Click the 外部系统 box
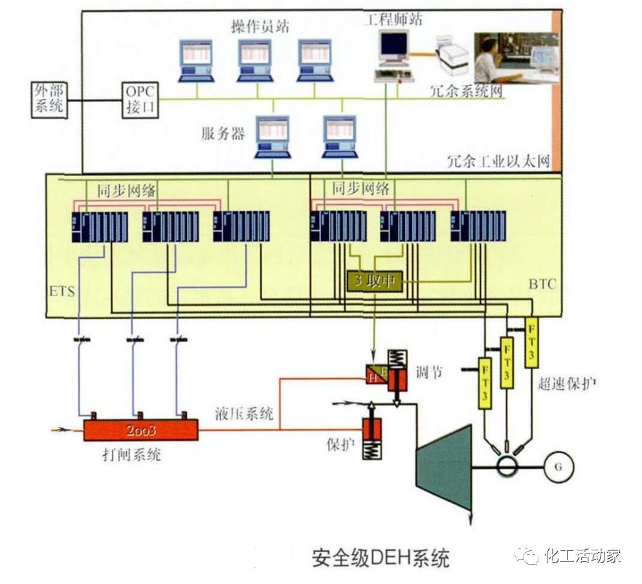tap(49, 99)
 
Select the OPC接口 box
tap(140, 99)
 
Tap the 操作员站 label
tap(260, 27)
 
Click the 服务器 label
tap(223, 134)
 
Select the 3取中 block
tap(375, 282)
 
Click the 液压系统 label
tap(243, 414)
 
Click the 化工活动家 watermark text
tap(582, 556)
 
